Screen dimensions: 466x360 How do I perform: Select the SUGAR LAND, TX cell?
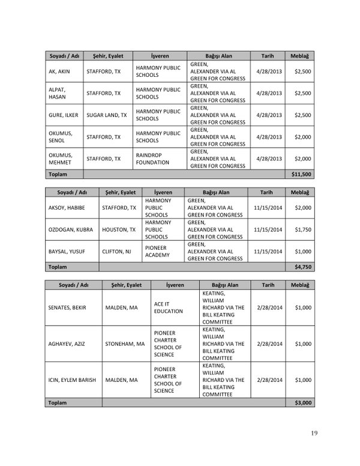pyautogui.click(x=107, y=114)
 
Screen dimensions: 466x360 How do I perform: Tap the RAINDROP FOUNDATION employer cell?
pyautogui.click(x=154, y=159)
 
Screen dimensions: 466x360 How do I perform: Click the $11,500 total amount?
pyautogui.click(x=299, y=174)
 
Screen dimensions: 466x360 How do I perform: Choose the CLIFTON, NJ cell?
pyautogui.click(x=118, y=251)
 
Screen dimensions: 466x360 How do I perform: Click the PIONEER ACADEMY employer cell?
pyautogui.click(x=158, y=251)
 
